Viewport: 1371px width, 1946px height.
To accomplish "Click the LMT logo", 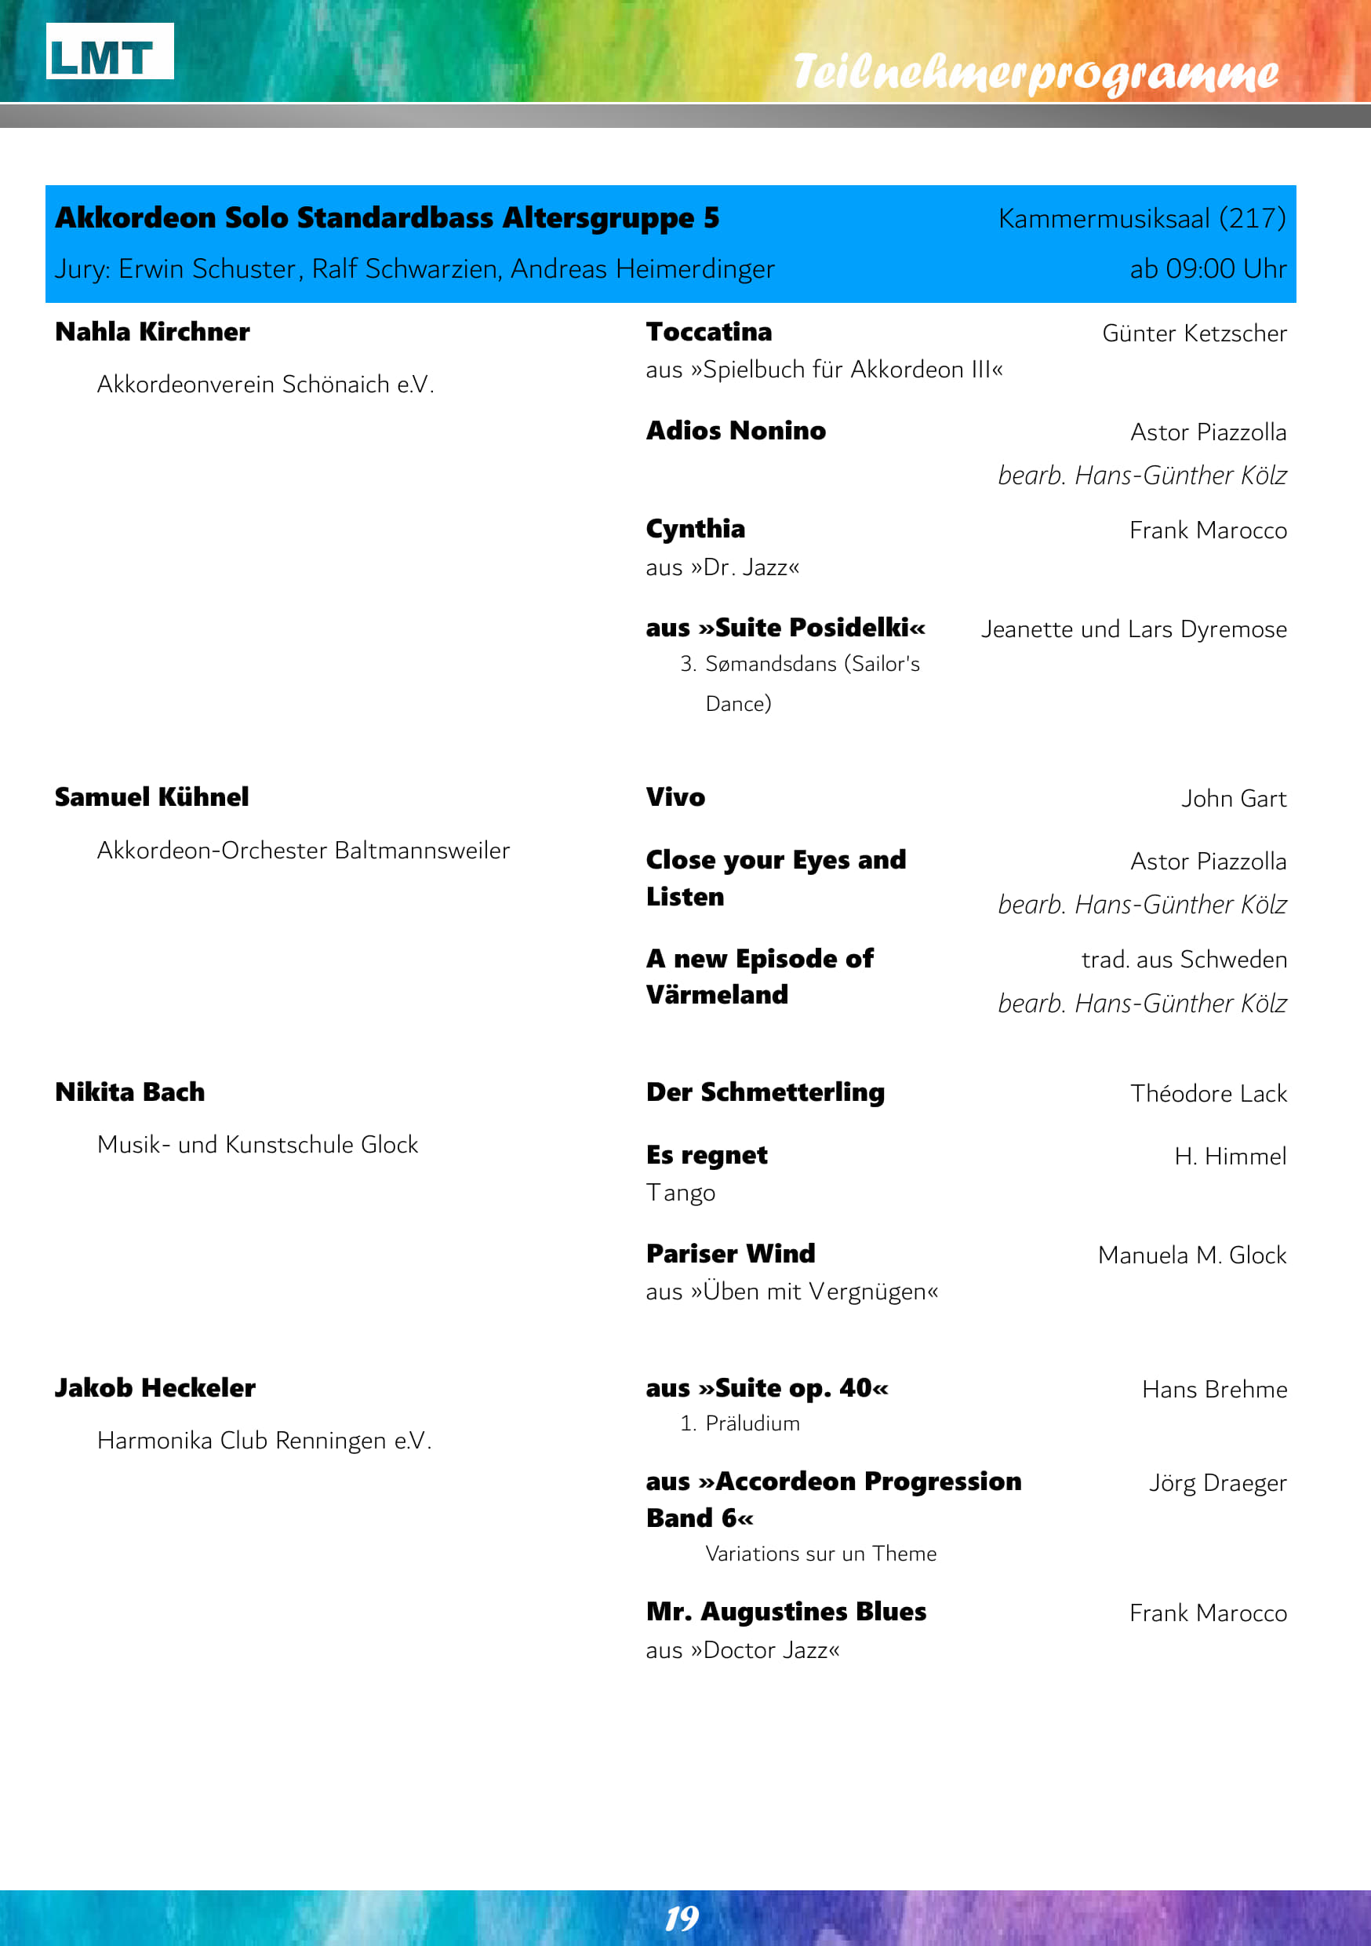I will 109,53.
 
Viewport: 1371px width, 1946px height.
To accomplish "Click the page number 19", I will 682,1918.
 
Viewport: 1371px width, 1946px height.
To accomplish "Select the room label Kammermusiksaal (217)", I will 1141,219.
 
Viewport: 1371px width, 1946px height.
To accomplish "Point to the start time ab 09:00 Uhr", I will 1207,268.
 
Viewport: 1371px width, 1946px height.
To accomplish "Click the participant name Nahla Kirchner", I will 152,331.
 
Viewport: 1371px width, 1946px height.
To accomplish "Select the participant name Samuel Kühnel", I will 151,796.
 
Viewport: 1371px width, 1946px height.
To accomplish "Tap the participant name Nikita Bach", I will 129,1091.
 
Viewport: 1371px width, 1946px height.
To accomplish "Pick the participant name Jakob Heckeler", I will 155,1387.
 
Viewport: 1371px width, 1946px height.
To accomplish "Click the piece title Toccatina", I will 708,331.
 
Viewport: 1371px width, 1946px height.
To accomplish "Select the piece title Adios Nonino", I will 736,431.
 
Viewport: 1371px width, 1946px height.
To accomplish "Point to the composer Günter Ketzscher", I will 1194,333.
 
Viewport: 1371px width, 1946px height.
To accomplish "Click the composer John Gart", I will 1234,798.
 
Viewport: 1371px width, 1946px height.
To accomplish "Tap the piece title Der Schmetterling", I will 766,1091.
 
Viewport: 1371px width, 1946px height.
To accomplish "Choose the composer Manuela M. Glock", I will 1191,1255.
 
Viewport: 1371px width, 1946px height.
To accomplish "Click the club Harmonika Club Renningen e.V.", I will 264,1440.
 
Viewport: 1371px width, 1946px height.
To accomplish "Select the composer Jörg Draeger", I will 1216,1482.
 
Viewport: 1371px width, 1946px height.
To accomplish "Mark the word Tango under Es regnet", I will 681,1193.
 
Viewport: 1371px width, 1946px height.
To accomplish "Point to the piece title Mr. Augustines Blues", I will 785,1611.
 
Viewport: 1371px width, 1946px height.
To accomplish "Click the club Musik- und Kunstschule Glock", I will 257,1144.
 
